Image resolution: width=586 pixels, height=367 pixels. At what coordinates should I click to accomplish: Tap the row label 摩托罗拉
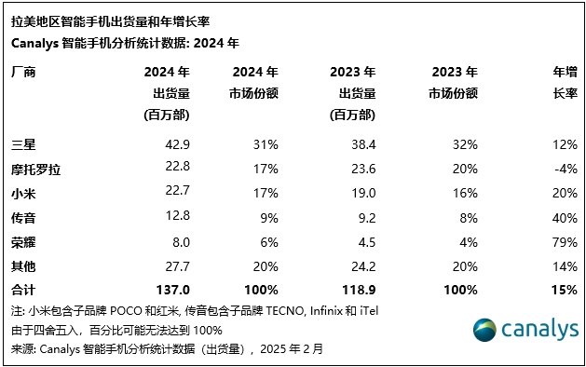click(x=35, y=169)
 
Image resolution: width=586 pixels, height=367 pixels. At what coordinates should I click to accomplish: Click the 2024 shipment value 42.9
click(x=177, y=144)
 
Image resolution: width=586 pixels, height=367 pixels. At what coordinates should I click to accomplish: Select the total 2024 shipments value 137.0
click(x=174, y=291)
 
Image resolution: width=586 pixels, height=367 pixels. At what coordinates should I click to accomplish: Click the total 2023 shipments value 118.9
click(x=359, y=291)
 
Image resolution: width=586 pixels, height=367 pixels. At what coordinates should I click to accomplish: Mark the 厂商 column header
click(x=23, y=72)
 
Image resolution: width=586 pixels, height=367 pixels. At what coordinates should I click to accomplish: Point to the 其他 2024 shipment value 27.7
click(x=177, y=266)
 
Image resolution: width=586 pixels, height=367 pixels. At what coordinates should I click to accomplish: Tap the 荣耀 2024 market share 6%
click(x=268, y=242)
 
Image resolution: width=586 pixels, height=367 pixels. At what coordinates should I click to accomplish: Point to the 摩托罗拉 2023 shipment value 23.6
click(x=362, y=169)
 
